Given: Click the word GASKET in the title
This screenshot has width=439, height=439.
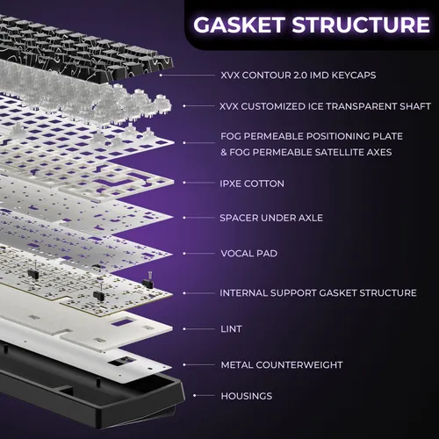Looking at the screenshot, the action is [x=239, y=25].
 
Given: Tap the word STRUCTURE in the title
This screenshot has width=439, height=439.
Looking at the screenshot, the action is [x=361, y=25].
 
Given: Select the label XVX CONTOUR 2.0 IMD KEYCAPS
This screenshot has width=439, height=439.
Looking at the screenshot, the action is [x=299, y=76].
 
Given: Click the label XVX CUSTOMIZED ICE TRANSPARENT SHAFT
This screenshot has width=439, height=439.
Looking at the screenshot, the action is [x=325, y=106].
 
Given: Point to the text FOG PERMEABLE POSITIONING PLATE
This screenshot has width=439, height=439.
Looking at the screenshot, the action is [x=312, y=136].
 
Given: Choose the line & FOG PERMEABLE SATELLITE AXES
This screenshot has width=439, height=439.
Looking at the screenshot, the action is [x=306, y=152].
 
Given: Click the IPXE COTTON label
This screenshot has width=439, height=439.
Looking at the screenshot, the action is [x=252, y=184].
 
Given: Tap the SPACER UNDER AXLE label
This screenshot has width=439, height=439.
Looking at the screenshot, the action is [x=271, y=218].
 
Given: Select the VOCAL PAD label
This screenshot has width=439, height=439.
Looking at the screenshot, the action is [x=248, y=254].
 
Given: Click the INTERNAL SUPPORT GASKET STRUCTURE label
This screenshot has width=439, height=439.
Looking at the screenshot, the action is [x=318, y=293].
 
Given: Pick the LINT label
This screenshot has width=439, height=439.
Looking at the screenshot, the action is [x=231, y=329].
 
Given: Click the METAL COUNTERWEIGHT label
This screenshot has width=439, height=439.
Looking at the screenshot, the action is [x=282, y=365].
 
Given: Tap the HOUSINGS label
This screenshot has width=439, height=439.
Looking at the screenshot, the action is [x=247, y=396].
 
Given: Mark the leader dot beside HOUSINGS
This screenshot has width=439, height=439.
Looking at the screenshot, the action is [x=195, y=396].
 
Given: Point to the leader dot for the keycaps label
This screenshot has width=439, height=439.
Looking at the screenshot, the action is [x=161, y=76].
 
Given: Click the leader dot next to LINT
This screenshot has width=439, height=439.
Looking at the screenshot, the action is [x=184, y=329].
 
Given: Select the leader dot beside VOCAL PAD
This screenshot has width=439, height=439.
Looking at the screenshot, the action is [x=184, y=254].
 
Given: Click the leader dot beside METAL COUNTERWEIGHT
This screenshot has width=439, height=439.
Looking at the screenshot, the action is [x=184, y=365].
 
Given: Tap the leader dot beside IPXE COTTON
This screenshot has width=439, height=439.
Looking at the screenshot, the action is [x=184, y=183].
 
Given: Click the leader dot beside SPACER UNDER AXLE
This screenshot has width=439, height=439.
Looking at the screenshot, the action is [x=184, y=218].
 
